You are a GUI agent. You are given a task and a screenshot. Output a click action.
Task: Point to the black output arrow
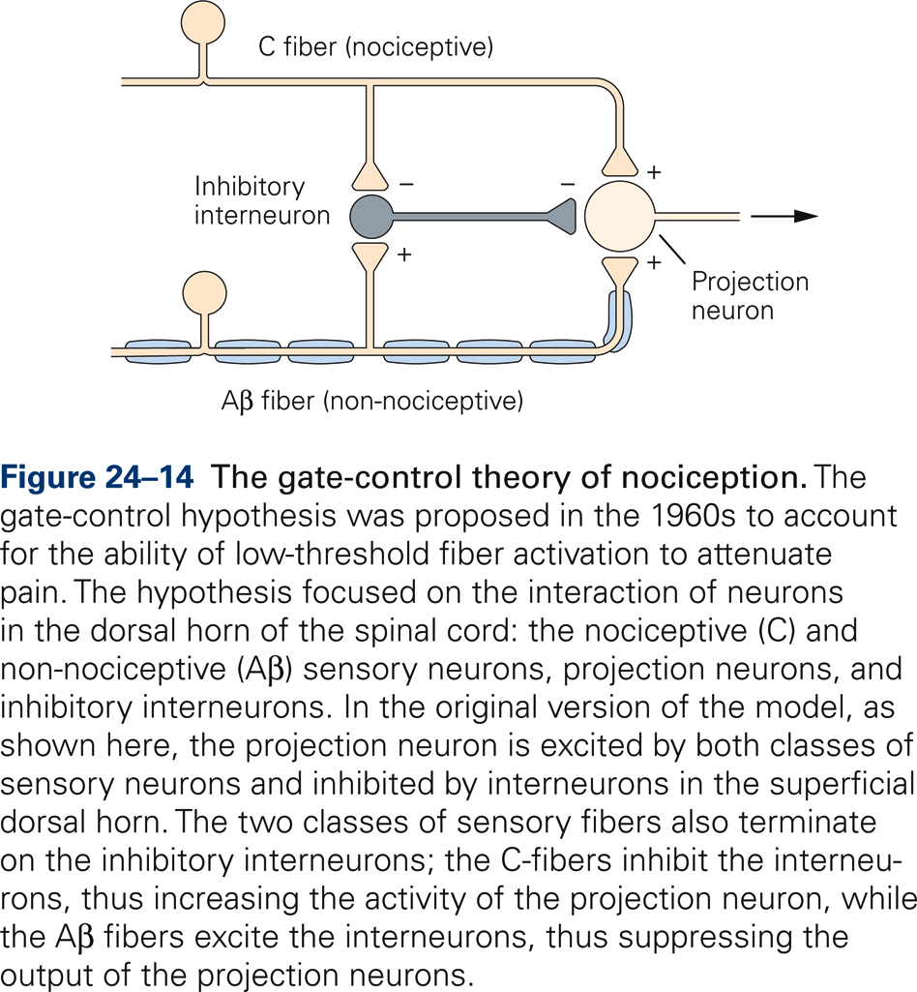point(788,216)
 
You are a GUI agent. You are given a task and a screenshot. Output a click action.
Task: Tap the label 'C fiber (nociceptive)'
point(375,46)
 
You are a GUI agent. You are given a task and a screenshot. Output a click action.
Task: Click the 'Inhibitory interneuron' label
point(262,200)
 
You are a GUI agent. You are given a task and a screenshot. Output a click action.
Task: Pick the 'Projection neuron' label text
point(750,296)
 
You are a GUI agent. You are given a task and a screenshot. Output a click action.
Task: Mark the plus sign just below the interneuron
point(404,256)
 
